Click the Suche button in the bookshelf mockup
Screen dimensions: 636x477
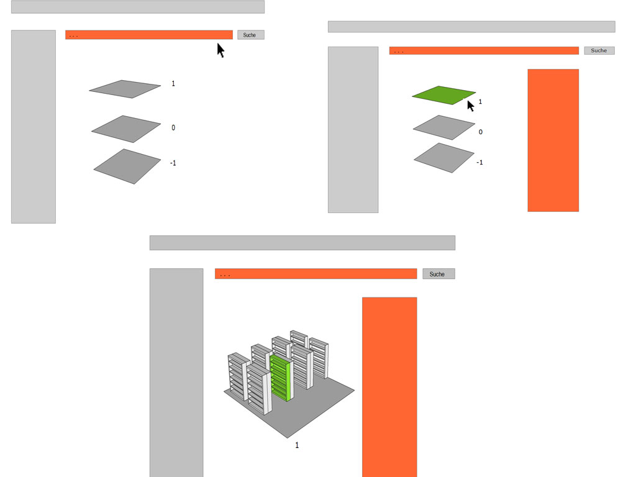438,274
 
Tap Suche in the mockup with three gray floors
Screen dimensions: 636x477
251,35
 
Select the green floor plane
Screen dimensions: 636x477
443,95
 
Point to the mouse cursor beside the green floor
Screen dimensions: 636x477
471,106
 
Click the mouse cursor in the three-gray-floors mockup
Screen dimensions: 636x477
220,50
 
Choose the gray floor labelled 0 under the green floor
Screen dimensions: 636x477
443,127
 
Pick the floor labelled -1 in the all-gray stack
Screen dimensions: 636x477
127,166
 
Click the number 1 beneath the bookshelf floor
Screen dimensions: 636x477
297,445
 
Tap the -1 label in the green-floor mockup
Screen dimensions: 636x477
479,162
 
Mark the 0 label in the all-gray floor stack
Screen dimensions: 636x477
173,128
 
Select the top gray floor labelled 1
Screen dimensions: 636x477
125,89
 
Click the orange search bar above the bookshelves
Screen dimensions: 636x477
316,274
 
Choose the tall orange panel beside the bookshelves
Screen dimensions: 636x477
389,387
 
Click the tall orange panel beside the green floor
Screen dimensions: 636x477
553,140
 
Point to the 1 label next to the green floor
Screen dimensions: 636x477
480,101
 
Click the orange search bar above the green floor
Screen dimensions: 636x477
484,51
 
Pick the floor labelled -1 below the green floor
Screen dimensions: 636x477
443,158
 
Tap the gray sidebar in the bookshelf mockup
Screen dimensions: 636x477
176,373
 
